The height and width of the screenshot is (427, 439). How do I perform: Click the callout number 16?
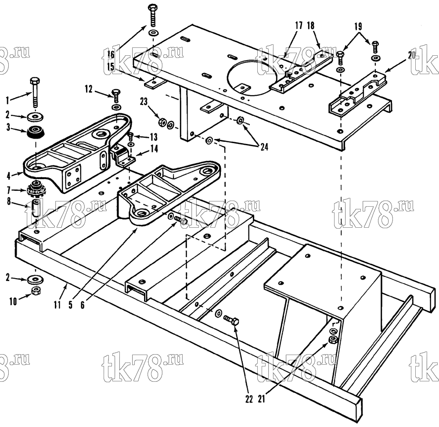[111, 54]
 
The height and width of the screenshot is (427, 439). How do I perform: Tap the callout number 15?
[111, 67]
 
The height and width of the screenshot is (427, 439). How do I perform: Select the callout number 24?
[264, 147]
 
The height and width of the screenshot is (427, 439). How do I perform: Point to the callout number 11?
[58, 305]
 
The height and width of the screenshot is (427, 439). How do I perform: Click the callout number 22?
[249, 399]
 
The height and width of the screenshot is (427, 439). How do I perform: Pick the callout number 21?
[261, 399]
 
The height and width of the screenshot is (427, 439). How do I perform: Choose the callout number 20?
[412, 55]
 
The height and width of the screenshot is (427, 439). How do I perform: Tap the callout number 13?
[154, 137]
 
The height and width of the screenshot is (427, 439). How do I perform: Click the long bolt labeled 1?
[35, 92]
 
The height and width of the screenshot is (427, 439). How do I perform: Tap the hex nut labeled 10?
[36, 291]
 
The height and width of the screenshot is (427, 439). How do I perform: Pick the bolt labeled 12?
[116, 96]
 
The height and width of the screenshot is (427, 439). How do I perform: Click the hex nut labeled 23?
[162, 122]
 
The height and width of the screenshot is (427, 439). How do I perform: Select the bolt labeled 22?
[231, 320]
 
